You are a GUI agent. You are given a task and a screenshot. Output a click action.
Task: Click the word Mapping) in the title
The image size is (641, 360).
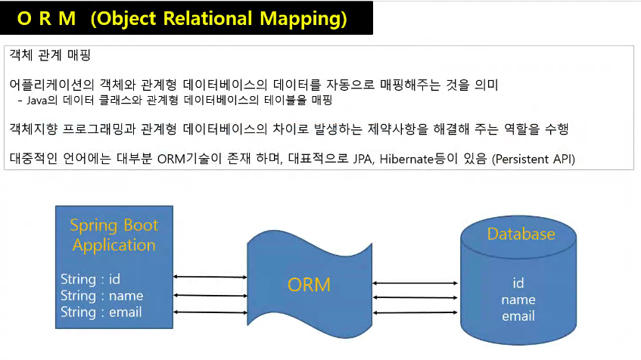coord(303,19)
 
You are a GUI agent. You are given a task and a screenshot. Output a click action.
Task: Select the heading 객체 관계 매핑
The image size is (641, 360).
coord(50,54)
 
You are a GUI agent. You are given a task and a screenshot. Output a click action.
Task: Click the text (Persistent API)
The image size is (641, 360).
coord(534,159)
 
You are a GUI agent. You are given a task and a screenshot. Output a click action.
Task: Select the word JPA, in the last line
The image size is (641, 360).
coord(363,159)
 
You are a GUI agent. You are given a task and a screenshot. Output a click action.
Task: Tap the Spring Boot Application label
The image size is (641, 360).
coord(114,235)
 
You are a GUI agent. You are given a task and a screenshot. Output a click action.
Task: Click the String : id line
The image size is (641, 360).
coord(90,279)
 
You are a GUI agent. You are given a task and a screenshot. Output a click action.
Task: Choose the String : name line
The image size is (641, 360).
coord(102,296)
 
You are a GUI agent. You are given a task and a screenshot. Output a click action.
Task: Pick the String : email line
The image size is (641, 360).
coord(101,312)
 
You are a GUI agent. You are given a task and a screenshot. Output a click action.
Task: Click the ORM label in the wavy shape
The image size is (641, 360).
coord(309,285)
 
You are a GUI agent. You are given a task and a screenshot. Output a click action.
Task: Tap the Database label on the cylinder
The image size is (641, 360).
coord(521,234)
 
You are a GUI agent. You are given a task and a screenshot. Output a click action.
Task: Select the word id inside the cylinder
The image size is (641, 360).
coord(518,283)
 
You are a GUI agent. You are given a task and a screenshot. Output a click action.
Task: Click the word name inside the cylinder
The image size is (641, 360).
coord(518,300)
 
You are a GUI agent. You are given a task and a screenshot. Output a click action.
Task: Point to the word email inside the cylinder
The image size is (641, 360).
coord(518,316)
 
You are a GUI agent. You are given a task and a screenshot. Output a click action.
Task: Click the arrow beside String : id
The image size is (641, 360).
coord(210,277)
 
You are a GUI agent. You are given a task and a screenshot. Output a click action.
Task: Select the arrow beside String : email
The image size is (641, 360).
coord(210,312)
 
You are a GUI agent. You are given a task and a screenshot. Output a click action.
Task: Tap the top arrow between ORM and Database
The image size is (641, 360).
coord(415,283)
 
